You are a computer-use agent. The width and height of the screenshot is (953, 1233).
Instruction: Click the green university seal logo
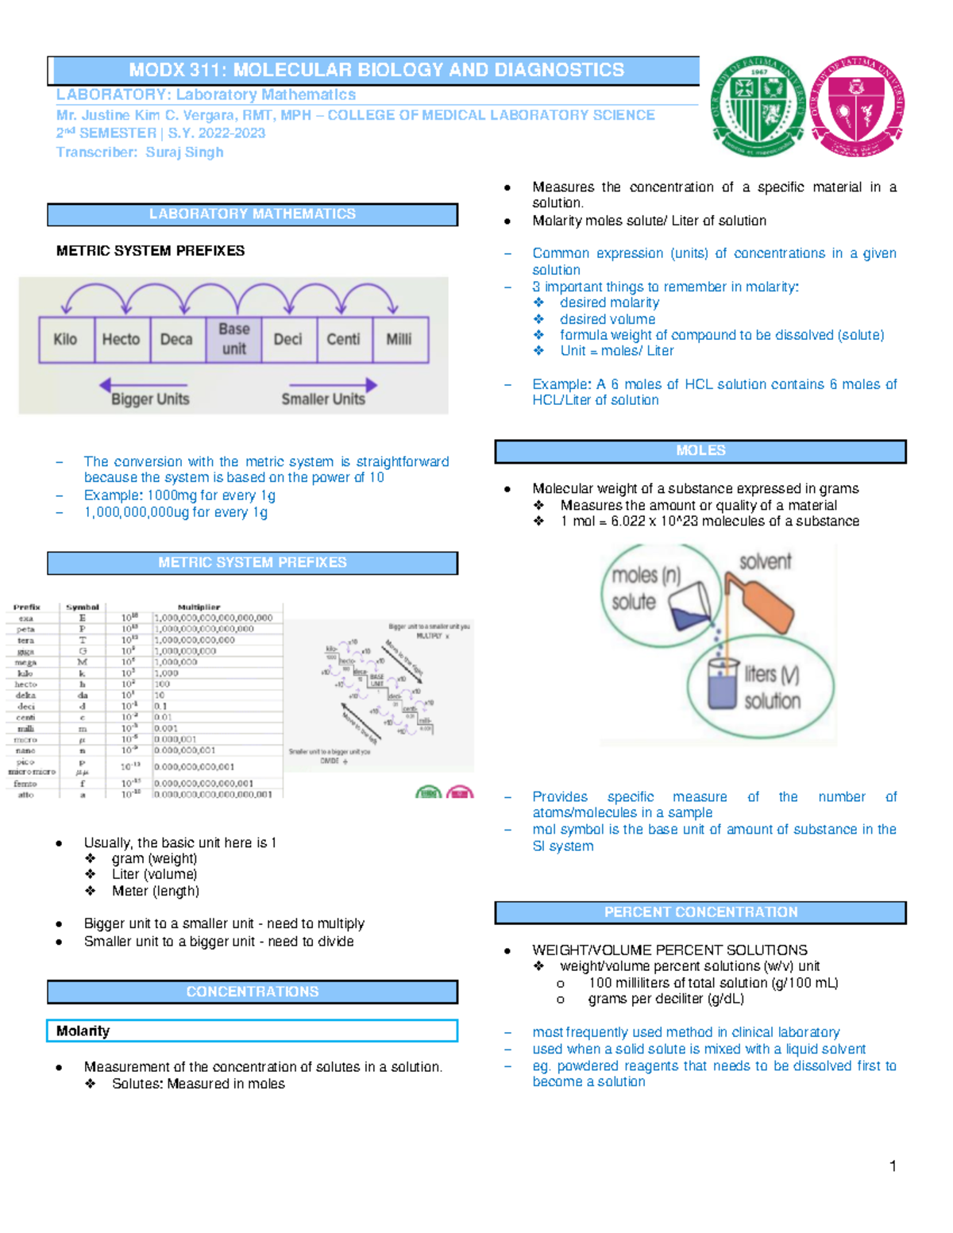758,106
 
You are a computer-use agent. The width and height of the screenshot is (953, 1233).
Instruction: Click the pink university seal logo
857,106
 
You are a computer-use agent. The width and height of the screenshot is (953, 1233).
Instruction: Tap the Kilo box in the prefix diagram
66,340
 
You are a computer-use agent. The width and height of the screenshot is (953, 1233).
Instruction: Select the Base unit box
233,339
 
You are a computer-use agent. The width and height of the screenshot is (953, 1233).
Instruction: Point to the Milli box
399,340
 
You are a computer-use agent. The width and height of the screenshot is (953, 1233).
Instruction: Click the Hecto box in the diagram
121,340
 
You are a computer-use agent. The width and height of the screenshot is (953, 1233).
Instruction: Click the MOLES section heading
700,451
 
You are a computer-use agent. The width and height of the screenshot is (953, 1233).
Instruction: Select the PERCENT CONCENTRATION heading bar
700,912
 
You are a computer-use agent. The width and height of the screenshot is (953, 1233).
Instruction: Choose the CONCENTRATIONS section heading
253,992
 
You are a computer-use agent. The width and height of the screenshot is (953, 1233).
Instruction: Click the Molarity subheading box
253,1031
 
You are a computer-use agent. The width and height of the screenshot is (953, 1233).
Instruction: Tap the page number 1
893,1166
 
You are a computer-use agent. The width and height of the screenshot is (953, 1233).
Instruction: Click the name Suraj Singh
184,152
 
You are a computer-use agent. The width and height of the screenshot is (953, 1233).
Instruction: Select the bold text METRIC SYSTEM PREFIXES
150,251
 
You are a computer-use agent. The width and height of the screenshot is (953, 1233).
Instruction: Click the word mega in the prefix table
25,662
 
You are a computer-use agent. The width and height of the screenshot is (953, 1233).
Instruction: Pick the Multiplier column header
199,607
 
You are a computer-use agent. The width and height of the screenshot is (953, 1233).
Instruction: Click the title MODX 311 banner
376,70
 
